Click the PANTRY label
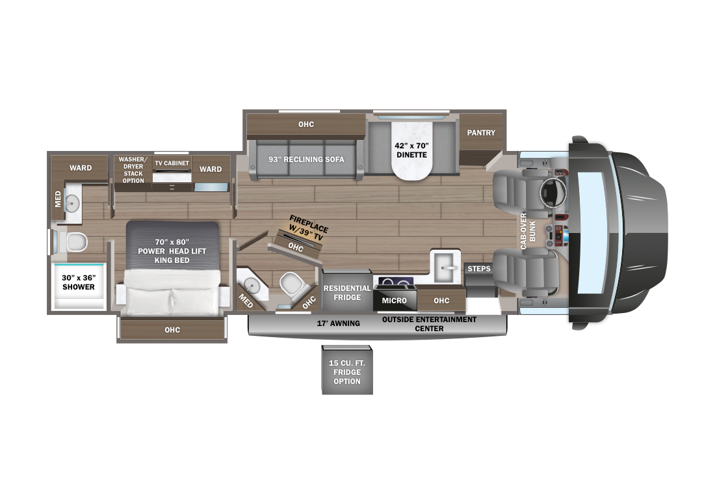pyautogui.click(x=480, y=133)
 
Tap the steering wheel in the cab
pyautogui.click(x=552, y=192)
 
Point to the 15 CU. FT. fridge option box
pyautogui.click(x=347, y=370)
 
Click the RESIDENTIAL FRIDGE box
pyautogui.click(x=347, y=293)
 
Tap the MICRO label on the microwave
pyautogui.click(x=394, y=301)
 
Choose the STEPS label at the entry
pyautogui.click(x=479, y=269)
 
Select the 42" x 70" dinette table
pyautogui.click(x=411, y=150)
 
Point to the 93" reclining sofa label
pyautogui.click(x=306, y=159)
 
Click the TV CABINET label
pyautogui.click(x=172, y=163)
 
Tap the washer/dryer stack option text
pyautogui.click(x=133, y=170)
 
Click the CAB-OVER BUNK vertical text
pyautogui.click(x=528, y=231)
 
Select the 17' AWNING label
pyautogui.click(x=339, y=323)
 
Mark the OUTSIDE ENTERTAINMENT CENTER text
pyautogui.click(x=429, y=324)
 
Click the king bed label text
pyautogui.click(x=172, y=251)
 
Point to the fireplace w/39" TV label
pyautogui.click(x=307, y=228)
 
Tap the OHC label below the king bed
pyautogui.click(x=172, y=330)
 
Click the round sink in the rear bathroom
pyautogui.click(x=72, y=203)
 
